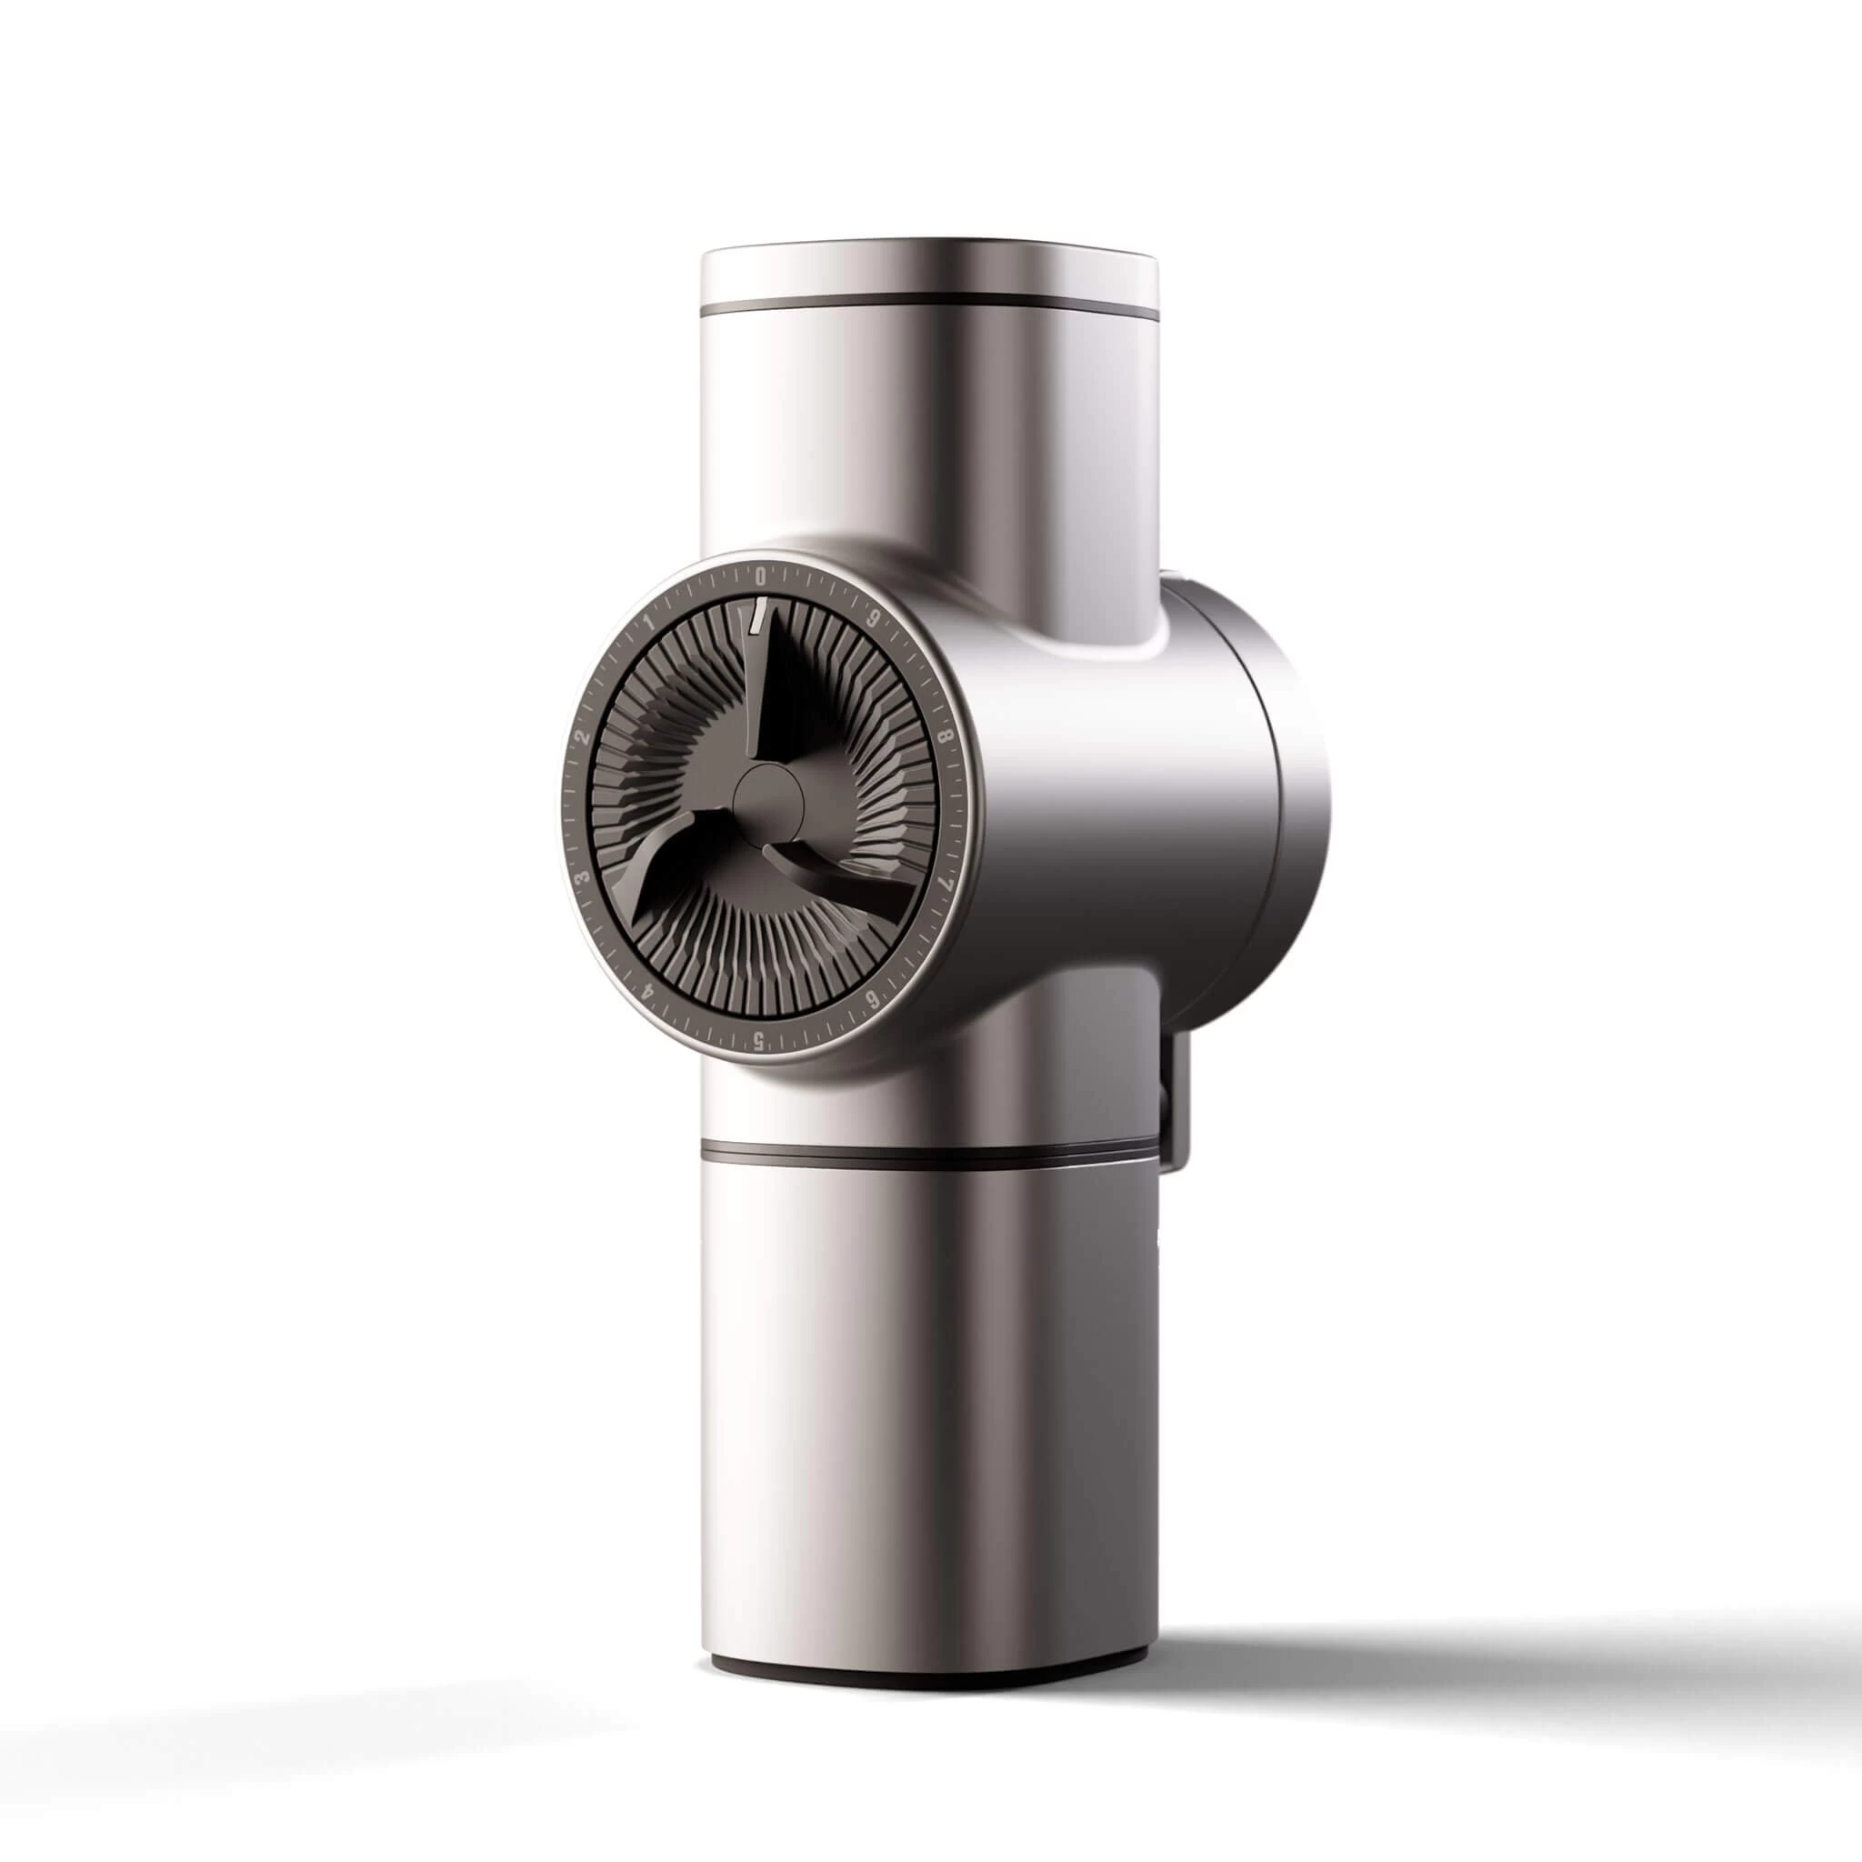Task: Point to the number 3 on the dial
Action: pos(581,878)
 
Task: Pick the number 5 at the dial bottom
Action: pos(758,1039)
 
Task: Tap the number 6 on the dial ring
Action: pos(873,998)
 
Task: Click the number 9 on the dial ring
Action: pos(874,620)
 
